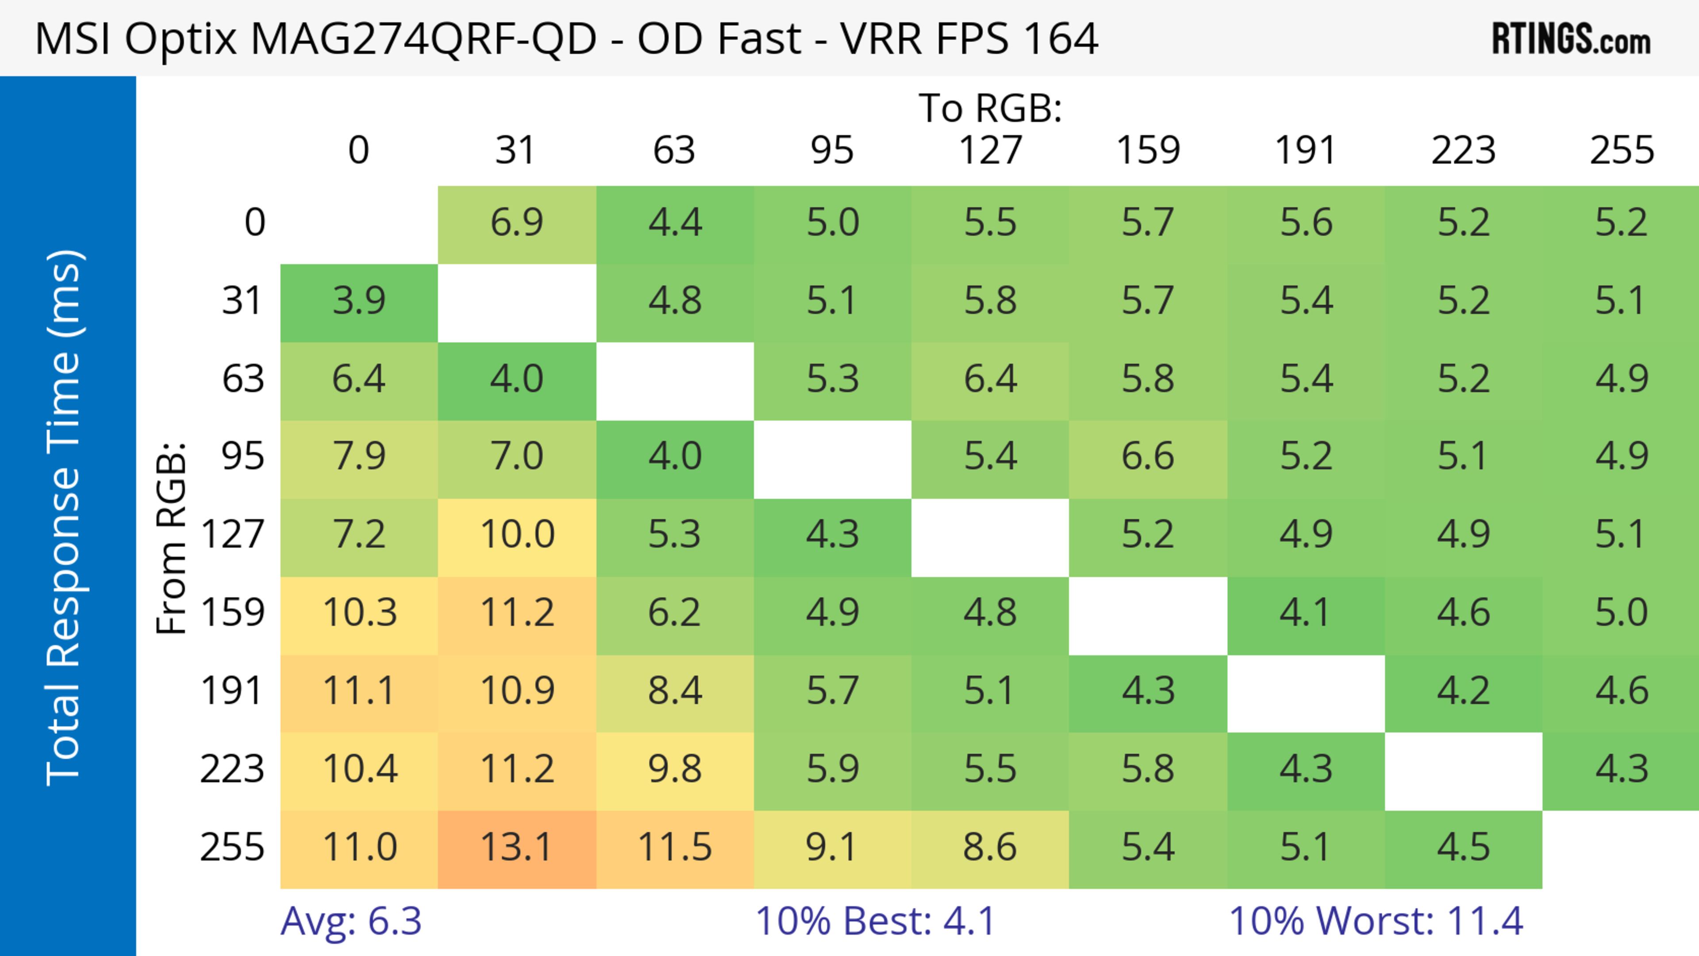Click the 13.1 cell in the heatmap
pyautogui.click(x=516, y=848)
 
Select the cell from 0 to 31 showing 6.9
pyautogui.click(x=516, y=223)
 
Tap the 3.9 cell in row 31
pyautogui.click(x=359, y=301)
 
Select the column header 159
pyautogui.click(x=1148, y=150)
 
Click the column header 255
pyautogui.click(x=1621, y=150)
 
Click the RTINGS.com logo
pyautogui.click(x=1571, y=39)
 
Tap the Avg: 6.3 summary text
pyautogui.click(x=351, y=921)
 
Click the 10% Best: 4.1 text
pyautogui.click(x=875, y=921)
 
